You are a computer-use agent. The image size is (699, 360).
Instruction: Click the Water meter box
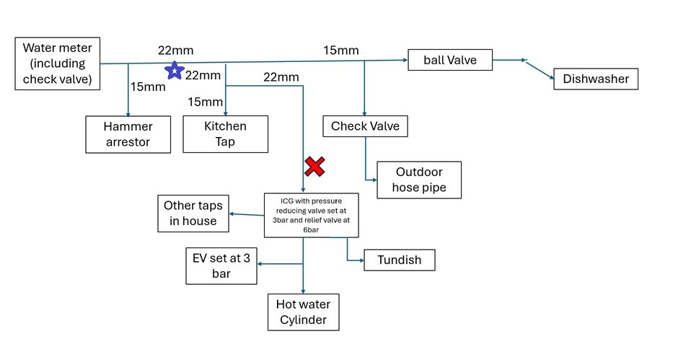58,63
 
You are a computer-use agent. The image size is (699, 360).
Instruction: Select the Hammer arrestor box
128,134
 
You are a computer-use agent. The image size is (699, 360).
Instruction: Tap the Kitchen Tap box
226,134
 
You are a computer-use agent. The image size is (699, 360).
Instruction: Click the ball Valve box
450,60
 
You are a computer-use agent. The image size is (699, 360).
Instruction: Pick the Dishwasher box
596,79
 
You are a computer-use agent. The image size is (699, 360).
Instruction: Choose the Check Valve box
365,126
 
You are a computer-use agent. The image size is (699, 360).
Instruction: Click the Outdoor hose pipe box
419,180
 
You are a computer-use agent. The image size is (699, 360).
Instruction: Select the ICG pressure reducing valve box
312,215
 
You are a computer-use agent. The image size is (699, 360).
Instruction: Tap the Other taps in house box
193,214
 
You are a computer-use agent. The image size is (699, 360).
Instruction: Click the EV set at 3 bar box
221,266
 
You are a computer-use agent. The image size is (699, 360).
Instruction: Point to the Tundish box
400,260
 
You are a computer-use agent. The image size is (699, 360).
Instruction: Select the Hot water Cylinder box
304,312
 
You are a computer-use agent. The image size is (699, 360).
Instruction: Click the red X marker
315,167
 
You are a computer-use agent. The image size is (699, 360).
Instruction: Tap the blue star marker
175,71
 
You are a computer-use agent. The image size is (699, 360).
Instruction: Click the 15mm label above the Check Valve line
341,51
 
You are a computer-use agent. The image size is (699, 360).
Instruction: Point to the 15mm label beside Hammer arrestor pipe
148,87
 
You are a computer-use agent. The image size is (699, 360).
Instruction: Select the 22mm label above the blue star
175,51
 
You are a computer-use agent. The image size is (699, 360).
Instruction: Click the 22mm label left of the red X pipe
281,77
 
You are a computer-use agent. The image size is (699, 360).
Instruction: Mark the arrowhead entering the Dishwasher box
553,78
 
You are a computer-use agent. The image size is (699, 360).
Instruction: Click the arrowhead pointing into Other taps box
232,214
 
